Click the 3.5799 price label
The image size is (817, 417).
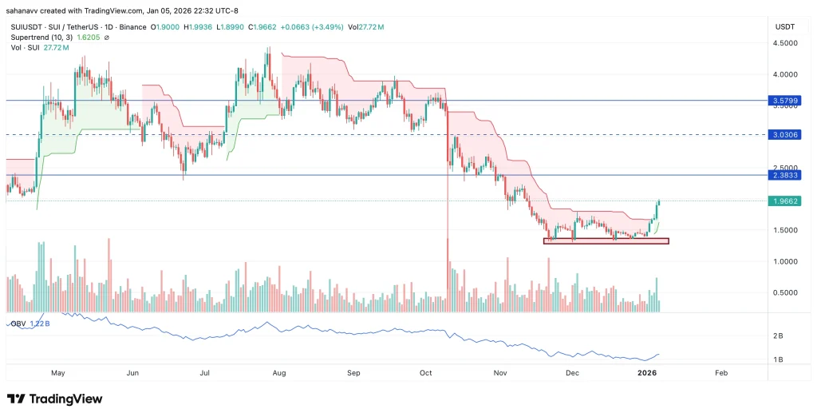pos(786,101)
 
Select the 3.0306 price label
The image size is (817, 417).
pos(786,135)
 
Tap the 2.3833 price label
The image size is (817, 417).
pos(786,175)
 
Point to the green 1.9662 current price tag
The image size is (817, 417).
pos(786,201)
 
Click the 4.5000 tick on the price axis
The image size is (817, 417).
pos(786,44)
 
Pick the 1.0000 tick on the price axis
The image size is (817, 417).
pos(786,261)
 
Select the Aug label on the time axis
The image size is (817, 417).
pos(279,373)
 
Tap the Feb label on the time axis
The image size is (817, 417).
pos(721,373)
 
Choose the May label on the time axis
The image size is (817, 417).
pos(57,373)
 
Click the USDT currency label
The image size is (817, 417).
pos(785,27)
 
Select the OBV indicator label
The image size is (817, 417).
pos(18,324)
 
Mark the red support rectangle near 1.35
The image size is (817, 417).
pos(606,240)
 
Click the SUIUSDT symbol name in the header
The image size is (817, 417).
pos(27,27)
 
